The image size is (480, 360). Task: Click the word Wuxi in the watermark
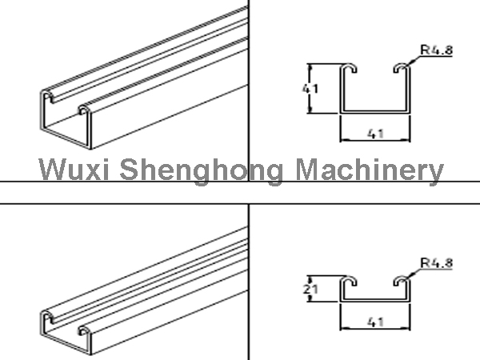click(x=72, y=170)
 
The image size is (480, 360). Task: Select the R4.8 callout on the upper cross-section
click(x=436, y=49)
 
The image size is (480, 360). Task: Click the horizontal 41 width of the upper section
click(x=376, y=134)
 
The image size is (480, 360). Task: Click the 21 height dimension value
click(x=308, y=290)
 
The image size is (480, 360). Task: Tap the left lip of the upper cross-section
click(x=350, y=68)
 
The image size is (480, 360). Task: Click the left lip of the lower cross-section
click(x=350, y=282)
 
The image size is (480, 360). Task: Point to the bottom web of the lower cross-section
click(x=376, y=300)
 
